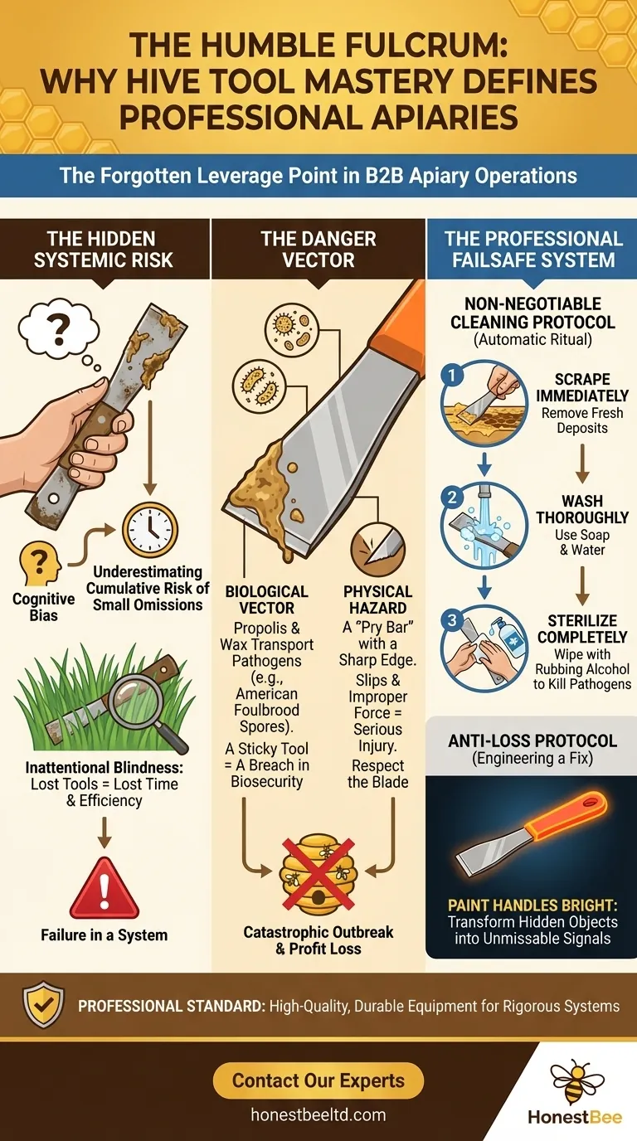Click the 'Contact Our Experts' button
[318, 1080]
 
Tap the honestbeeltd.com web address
[318, 1115]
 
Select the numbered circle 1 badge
[452, 376]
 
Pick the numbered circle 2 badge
[452, 498]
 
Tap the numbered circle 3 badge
[452, 619]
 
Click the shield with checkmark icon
[43, 1006]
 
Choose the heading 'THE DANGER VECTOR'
[318, 250]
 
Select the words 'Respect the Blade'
[377, 773]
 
